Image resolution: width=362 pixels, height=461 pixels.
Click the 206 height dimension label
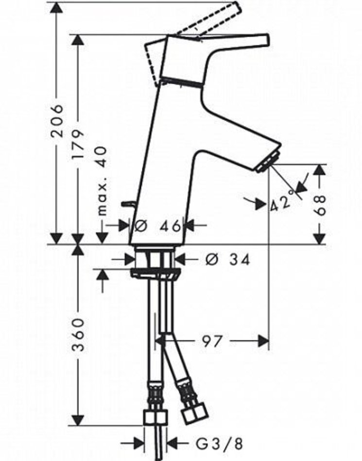56,120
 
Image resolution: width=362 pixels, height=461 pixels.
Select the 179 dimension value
78,145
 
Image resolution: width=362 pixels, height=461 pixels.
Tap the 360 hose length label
78,334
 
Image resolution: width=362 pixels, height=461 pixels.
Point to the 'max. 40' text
102,181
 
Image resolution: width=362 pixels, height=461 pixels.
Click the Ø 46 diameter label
157,226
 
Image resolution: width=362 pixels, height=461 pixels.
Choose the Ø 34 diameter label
227,260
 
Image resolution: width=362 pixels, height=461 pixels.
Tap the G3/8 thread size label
219,444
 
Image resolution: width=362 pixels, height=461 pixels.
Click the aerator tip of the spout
268,161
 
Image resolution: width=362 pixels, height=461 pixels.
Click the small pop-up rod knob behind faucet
127,204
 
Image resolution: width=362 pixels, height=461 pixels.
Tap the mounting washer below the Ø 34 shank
155,273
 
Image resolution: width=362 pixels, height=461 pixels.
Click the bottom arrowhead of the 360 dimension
78,420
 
